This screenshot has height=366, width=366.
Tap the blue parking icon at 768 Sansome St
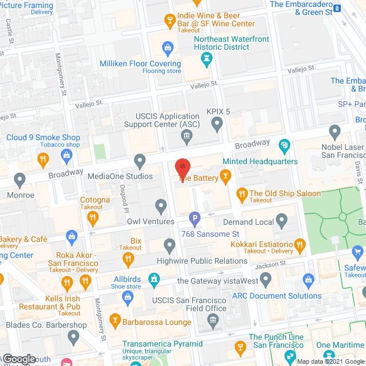(x=194, y=218)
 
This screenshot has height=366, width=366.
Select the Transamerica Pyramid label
(x=162, y=344)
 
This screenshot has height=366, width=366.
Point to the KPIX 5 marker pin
(x=217, y=123)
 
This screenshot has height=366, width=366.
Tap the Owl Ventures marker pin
(x=161, y=206)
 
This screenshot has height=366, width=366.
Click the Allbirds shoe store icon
(x=153, y=279)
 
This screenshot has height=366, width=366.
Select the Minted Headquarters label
(x=260, y=161)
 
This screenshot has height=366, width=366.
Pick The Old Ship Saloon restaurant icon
(x=241, y=194)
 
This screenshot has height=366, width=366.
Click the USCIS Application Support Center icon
(x=186, y=136)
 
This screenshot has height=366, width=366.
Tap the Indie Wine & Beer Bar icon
(x=169, y=21)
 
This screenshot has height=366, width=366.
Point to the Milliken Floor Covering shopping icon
(x=168, y=47)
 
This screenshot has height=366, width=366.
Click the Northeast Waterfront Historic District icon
(x=207, y=58)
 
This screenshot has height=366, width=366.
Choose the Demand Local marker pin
(x=281, y=220)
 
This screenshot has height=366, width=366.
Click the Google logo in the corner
(x=19, y=359)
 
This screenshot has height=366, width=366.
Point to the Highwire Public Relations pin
(x=169, y=246)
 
